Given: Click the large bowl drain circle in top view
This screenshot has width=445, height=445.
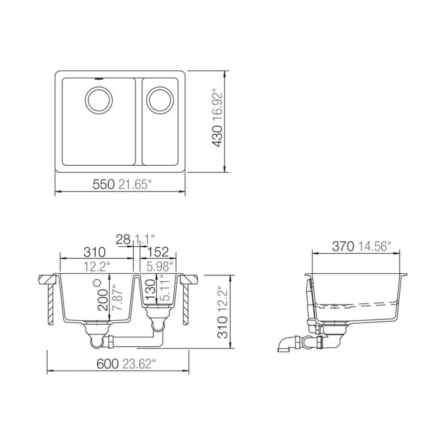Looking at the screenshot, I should coord(100,100).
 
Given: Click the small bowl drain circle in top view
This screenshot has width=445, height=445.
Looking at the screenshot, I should coord(160,100).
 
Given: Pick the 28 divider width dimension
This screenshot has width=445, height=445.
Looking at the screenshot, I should coord(123,239).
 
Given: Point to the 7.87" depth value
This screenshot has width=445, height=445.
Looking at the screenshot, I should coord(116,297).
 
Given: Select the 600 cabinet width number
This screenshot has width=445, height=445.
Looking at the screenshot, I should coord(107,364).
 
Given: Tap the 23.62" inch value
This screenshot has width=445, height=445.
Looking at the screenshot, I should coord(138,364).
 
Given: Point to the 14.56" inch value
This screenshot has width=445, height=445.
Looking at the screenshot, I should coord(375,246).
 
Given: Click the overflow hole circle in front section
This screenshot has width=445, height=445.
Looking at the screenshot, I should coord(97,282).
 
